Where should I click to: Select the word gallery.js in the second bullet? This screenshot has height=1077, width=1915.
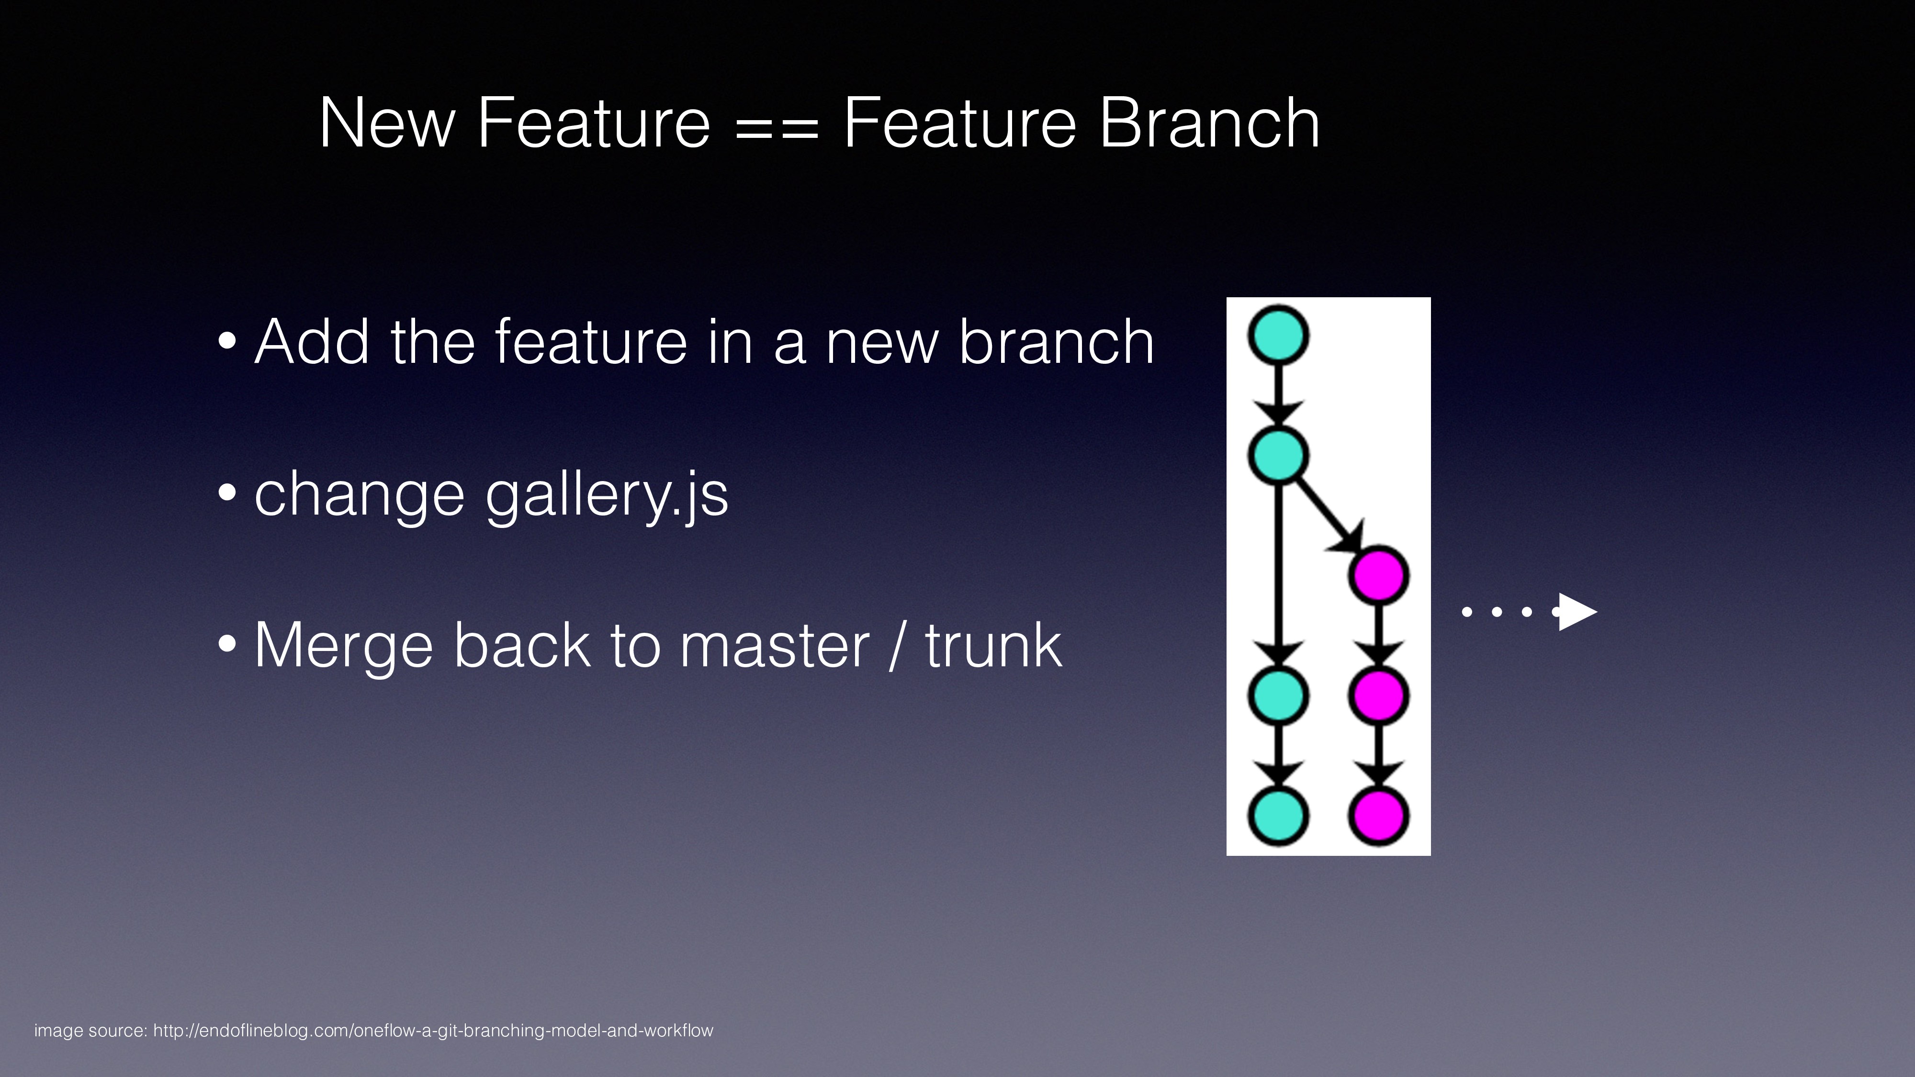pyautogui.click(x=607, y=496)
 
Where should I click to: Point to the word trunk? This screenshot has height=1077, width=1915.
pyautogui.click(x=993, y=645)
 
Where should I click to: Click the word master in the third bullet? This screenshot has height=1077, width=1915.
pyautogui.click(x=774, y=645)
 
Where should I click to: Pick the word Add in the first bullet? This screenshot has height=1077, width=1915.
pyautogui.click(x=312, y=342)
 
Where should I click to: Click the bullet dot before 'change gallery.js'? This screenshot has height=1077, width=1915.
pyautogui.click(x=227, y=492)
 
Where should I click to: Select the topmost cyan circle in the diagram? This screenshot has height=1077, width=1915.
pyautogui.click(x=1278, y=335)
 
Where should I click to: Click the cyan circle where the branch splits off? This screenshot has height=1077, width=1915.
pyautogui.click(x=1278, y=455)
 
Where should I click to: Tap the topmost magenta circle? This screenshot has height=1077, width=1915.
pyautogui.click(x=1378, y=574)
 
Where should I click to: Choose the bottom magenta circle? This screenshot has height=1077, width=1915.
pyautogui.click(x=1378, y=815)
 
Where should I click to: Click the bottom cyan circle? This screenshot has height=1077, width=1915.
pyautogui.click(x=1278, y=815)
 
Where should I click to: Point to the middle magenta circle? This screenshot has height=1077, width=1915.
pyautogui.click(x=1378, y=695)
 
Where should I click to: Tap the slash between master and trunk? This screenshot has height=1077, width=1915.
pyautogui.click(x=897, y=645)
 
